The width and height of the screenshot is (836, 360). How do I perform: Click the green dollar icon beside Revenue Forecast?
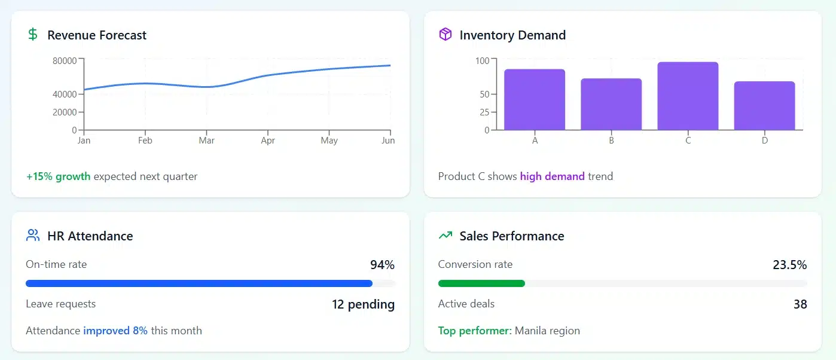[33, 35]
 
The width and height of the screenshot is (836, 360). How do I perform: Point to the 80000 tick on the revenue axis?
[65, 60]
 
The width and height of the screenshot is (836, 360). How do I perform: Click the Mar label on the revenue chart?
[206, 141]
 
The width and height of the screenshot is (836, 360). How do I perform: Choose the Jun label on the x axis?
[388, 141]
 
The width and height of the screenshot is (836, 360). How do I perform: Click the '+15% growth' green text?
[58, 176]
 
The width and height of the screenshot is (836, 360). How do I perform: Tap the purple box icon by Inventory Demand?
[445, 35]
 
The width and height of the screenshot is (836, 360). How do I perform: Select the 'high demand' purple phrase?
[552, 176]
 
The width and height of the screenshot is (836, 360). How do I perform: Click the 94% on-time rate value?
[382, 265]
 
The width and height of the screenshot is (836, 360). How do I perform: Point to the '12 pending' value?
[363, 304]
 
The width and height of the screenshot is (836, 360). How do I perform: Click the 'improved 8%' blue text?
[115, 331]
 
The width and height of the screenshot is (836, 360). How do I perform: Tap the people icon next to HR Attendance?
[33, 236]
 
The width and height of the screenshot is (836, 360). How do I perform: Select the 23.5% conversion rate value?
[789, 265]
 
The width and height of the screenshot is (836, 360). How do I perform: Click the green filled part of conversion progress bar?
[481, 283]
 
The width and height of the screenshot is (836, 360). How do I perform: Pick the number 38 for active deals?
[800, 304]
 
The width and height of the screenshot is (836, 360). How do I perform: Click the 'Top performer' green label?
[474, 331]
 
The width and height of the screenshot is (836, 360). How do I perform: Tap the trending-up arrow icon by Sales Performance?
[445, 236]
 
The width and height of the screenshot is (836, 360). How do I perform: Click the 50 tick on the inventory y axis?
[484, 94]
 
